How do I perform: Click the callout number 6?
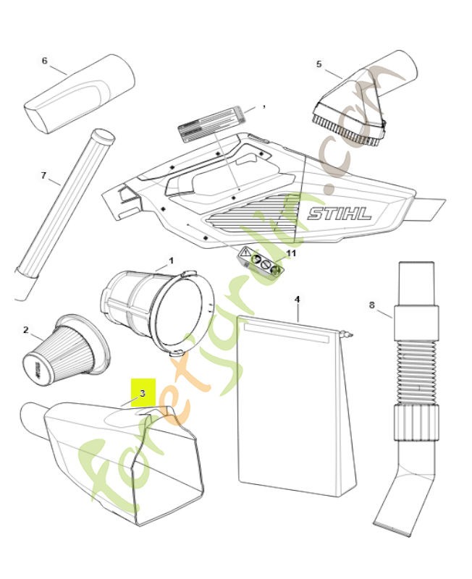[x=44, y=61]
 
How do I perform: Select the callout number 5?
[x=319, y=64]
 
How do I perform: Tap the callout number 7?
[x=43, y=175]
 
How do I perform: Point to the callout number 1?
[x=171, y=260]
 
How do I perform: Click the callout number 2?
[x=25, y=330]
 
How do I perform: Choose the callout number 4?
[x=297, y=298]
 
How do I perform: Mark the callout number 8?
[x=372, y=305]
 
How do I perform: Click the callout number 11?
[x=292, y=253]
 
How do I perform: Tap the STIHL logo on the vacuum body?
[x=340, y=214]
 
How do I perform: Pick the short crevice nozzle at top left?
[x=80, y=94]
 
